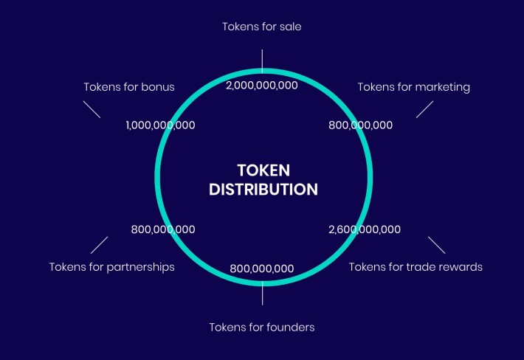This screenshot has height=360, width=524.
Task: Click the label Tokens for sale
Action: (x=262, y=27)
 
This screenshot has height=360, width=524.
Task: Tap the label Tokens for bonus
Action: (x=129, y=87)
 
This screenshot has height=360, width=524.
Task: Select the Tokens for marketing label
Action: (x=414, y=87)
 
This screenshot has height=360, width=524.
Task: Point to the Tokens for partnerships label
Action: (x=112, y=267)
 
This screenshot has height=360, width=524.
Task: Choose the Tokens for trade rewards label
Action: (x=416, y=267)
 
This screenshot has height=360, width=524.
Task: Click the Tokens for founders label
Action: (x=262, y=328)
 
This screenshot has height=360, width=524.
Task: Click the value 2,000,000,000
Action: (x=262, y=86)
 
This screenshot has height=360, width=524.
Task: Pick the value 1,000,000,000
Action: (x=160, y=125)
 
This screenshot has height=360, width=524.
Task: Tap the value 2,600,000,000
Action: (x=365, y=229)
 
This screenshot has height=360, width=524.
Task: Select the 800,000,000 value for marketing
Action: (x=361, y=125)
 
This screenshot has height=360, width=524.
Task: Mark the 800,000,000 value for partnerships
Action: (x=163, y=229)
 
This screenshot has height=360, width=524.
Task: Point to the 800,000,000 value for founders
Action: (x=262, y=269)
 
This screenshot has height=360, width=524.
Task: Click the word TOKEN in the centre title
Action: (x=263, y=170)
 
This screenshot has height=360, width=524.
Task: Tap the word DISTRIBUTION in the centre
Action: (x=263, y=190)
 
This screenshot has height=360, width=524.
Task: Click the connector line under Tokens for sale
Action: (x=262, y=61)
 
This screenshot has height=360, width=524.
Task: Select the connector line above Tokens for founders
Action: (x=262, y=293)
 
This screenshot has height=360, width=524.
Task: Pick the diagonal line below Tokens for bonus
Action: (x=92, y=109)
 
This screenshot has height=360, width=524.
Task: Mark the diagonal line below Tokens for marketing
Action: (x=425, y=109)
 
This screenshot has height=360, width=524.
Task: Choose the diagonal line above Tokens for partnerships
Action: (x=99, y=245)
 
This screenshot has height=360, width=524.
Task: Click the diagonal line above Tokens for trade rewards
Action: (x=436, y=245)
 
